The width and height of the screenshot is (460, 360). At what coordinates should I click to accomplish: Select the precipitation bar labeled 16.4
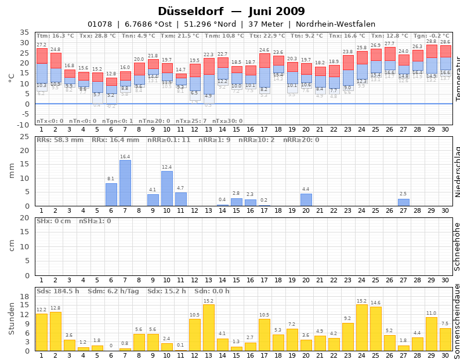pos(125,183)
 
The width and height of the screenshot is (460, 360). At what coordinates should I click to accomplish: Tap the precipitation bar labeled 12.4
pos(167,188)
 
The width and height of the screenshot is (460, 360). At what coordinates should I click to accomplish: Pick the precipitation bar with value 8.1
pos(111,195)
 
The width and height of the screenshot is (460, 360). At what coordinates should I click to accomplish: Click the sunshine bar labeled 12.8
pos(56,332)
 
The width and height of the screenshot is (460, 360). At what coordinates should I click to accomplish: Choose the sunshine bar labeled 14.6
pos(376,329)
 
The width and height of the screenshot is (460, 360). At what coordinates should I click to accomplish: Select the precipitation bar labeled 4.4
pos(306,200)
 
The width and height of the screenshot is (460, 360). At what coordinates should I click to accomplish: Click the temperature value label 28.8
pos(432,42)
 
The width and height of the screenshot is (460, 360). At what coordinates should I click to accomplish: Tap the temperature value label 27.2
pos(42,45)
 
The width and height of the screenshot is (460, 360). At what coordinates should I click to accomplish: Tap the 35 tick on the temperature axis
pos(24,32)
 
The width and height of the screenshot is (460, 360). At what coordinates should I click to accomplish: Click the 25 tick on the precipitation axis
pos(24,137)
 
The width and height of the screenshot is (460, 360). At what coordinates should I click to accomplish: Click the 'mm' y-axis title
pos(12,171)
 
